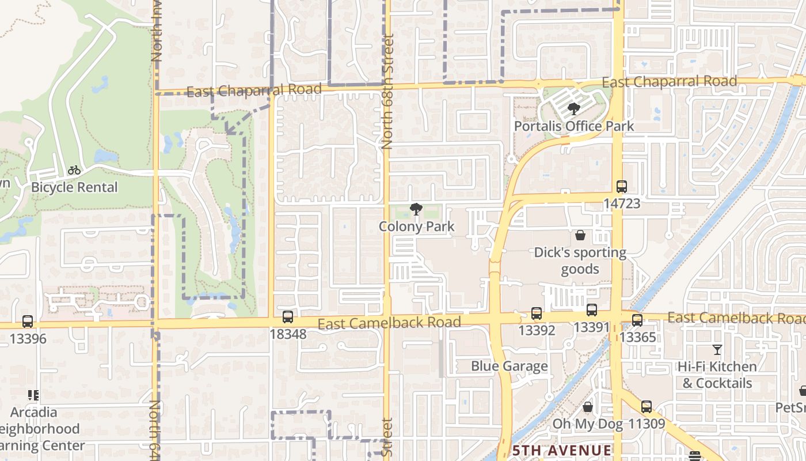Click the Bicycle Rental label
coord(74,187)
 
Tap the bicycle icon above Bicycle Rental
coord(74,170)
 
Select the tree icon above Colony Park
coord(416,209)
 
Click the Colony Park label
coord(416,226)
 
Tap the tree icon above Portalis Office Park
coord(573,108)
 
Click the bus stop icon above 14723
coord(621,187)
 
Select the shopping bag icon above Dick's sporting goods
coord(580,235)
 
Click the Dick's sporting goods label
coord(580,260)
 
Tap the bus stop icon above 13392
coord(537,313)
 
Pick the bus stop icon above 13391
coord(591,310)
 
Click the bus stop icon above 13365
coord(637,320)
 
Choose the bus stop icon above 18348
coord(288,317)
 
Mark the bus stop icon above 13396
coord(27,322)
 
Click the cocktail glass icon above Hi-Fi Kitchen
coord(717,350)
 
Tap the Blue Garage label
coord(509,366)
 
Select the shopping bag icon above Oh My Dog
coord(588,407)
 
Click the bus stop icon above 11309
coord(647,407)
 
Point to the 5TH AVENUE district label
coord(562,450)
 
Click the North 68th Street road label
coord(387,92)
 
